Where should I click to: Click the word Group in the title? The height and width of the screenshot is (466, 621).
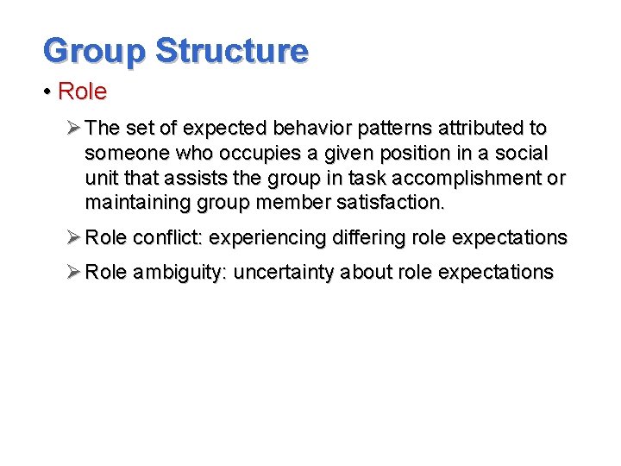point(94,51)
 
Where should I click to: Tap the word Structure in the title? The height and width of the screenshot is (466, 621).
point(231,51)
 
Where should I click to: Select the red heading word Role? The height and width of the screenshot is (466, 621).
point(82,92)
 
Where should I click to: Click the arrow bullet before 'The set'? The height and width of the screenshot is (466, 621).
point(73,129)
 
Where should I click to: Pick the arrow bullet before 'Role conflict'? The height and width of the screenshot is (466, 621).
point(73,237)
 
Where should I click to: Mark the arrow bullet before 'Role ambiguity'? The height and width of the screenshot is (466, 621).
point(73,273)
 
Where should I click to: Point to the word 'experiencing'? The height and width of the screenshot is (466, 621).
point(267,237)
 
